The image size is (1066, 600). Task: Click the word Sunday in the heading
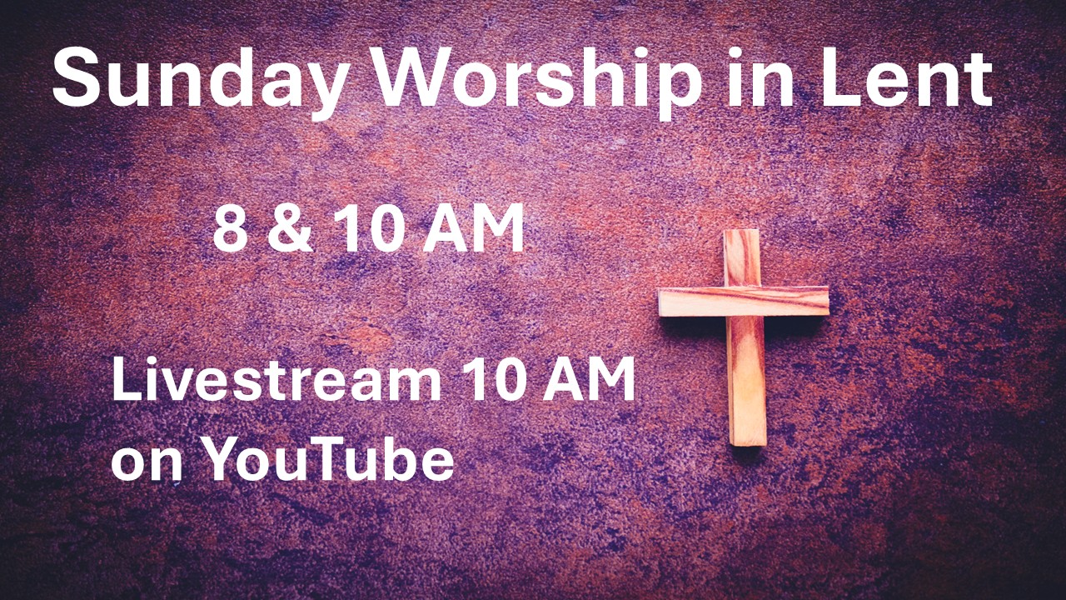click(199, 79)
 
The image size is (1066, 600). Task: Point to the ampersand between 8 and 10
click(291, 227)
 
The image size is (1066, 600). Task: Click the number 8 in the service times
click(231, 227)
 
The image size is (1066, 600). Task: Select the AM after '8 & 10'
click(474, 227)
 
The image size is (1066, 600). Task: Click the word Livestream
click(276, 379)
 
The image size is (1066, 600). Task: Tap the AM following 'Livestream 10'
click(589, 379)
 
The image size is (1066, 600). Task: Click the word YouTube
click(329, 458)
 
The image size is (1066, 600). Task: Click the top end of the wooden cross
click(741, 232)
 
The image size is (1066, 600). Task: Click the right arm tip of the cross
click(827, 301)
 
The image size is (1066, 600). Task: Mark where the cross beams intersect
click(744, 301)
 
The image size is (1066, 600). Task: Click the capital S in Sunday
click(76, 78)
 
